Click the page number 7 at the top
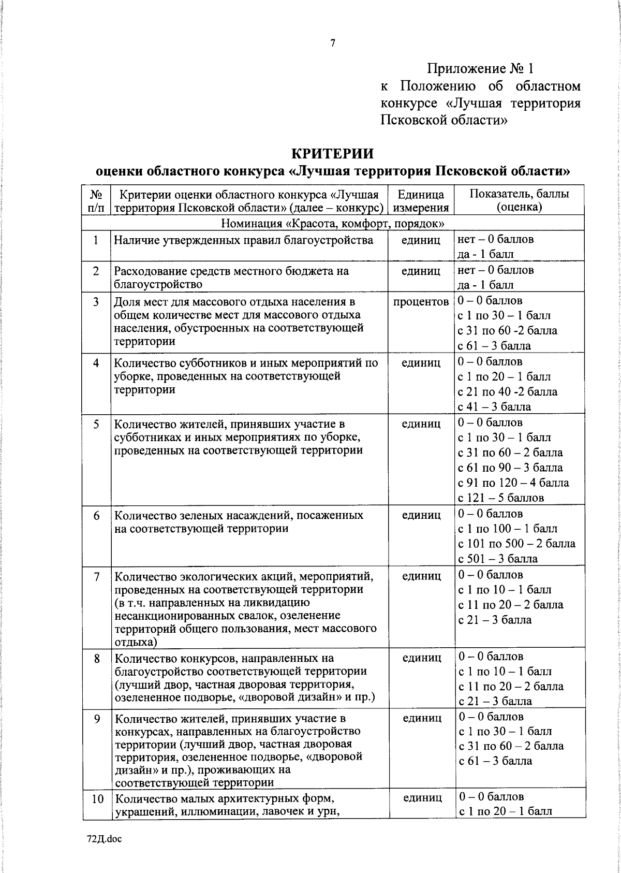333,43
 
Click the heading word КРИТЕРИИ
333,154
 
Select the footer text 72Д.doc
103,839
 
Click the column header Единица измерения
421,201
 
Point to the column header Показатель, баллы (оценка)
519,201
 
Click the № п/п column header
96,201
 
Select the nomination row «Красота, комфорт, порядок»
333,224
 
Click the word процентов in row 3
421,302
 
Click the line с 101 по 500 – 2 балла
516,544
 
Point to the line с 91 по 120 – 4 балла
513,483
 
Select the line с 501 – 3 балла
498,559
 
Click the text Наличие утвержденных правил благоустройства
243,240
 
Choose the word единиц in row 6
421,515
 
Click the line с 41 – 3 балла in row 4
495,407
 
